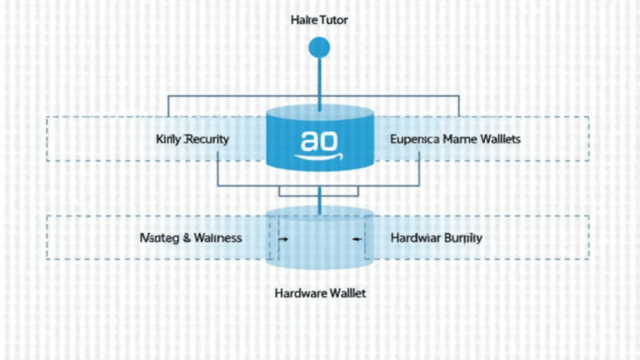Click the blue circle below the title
319,48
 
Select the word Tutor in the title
333,19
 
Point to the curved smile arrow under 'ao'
320,156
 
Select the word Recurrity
207,139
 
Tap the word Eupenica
416,139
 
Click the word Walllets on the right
501,139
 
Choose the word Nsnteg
157,237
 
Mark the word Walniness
217,237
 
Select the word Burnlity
462,237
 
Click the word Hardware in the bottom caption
301,293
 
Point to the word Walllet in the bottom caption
347,293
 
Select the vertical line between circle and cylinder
319,83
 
